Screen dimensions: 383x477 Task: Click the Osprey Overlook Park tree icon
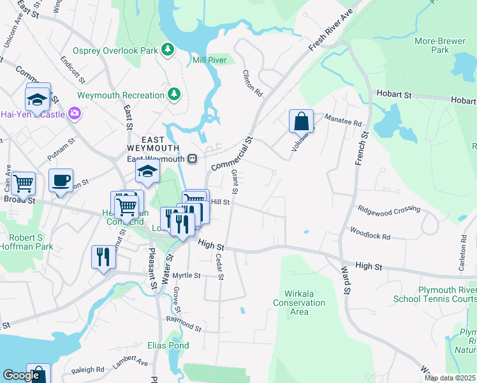(168, 50)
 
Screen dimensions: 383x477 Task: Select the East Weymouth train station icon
(191, 158)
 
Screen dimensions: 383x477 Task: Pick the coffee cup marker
(61, 179)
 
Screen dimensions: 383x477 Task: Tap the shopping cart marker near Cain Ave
(24, 183)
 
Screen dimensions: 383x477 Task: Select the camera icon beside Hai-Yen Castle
(75, 114)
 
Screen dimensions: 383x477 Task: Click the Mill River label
(210, 61)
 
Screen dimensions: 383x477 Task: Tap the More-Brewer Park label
(432, 45)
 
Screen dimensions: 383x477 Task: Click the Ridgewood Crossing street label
(389, 209)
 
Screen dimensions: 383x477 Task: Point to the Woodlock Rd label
(370, 233)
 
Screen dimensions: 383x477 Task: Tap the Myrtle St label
(187, 276)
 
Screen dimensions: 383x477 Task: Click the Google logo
(21, 376)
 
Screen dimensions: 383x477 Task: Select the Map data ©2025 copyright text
(449, 378)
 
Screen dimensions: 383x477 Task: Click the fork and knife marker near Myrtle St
(103, 257)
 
